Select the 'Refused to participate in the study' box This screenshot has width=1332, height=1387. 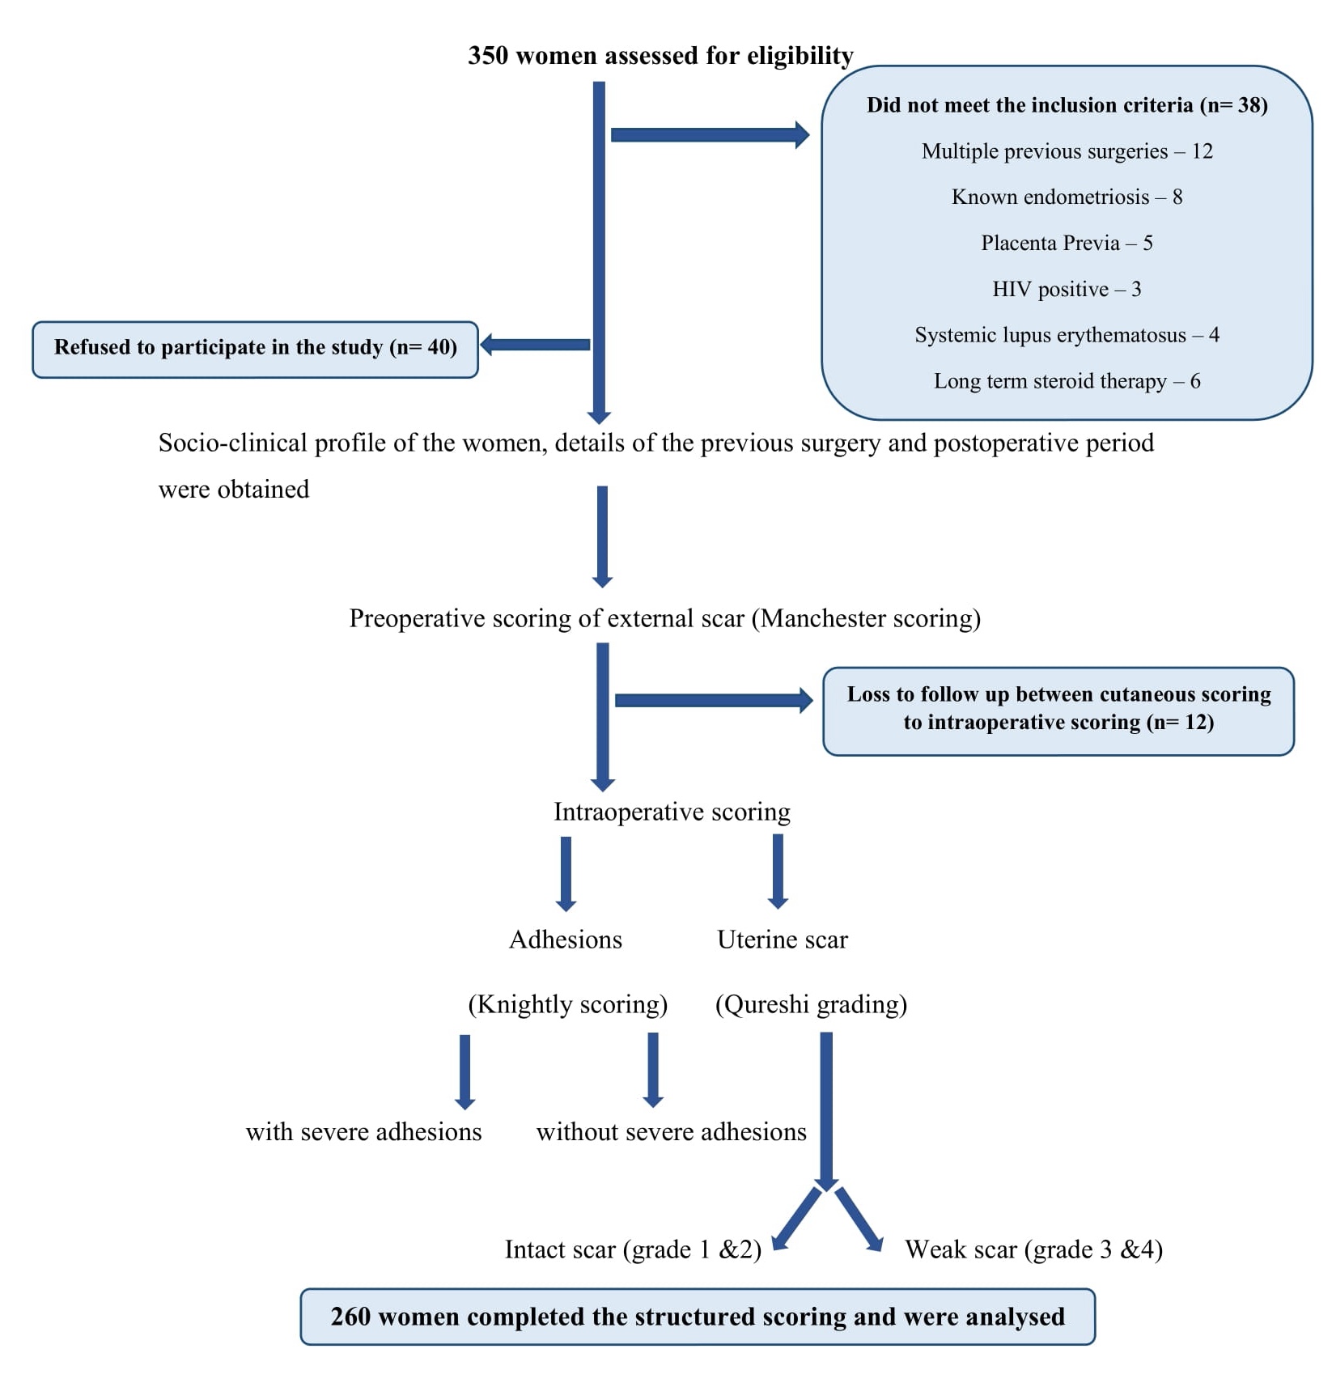[x=255, y=349]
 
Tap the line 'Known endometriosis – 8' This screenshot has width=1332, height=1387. [x=1067, y=197]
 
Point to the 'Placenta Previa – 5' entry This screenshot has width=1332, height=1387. [x=1067, y=243]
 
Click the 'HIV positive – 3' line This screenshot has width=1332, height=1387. [x=1067, y=289]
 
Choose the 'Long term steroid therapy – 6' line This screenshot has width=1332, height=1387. [x=1067, y=381]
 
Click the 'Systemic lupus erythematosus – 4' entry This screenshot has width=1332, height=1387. [x=1067, y=335]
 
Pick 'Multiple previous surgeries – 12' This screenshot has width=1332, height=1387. [x=1067, y=151]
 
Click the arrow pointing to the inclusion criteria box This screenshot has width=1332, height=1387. [x=709, y=134]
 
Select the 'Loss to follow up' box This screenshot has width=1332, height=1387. [x=1058, y=710]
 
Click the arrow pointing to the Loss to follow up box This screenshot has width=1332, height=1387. [x=712, y=700]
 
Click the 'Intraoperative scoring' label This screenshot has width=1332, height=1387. [x=672, y=812]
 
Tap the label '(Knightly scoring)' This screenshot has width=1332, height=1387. [x=567, y=1004]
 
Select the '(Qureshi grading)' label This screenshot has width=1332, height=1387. [x=811, y=1004]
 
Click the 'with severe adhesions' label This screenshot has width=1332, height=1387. [x=363, y=1131]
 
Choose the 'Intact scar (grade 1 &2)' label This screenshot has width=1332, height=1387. [x=633, y=1249]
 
